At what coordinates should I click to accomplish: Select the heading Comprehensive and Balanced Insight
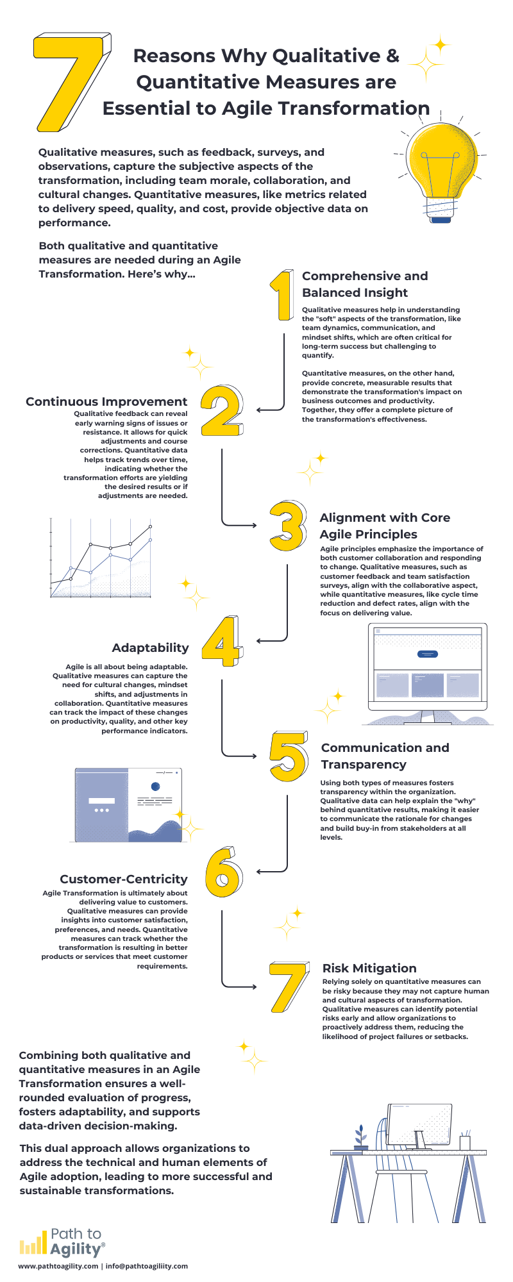(365, 284)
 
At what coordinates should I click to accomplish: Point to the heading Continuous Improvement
(106, 402)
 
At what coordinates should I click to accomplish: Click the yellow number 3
(287, 526)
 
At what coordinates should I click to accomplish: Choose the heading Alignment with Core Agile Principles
(385, 526)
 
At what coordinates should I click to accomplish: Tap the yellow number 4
(223, 641)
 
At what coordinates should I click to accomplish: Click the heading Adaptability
(150, 648)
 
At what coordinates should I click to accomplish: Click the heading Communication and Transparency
(385, 756)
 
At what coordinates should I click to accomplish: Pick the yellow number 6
(224, 872)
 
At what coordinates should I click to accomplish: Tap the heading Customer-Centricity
(124, 879)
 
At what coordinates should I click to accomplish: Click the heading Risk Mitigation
(369, 969)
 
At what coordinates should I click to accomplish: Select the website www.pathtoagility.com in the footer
(58, 1266)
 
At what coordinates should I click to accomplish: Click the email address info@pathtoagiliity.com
(147, 1266)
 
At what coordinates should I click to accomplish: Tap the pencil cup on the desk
(465, 1140)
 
